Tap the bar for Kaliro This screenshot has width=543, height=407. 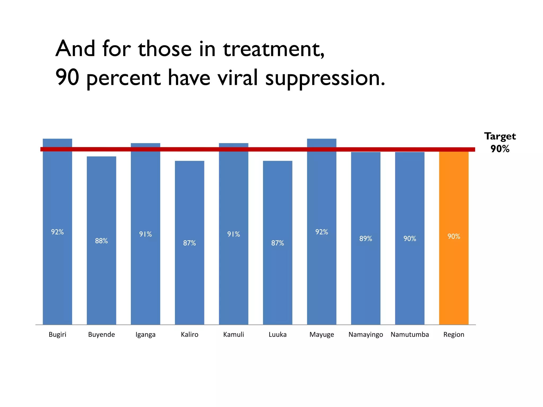(x=190, y=278)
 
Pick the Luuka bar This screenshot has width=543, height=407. (x=278, y=278)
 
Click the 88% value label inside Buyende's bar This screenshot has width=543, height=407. (x=101, y=241)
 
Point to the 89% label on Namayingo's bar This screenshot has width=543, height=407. (x=366, y=239)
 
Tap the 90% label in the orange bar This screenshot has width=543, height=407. (x=454, y=236)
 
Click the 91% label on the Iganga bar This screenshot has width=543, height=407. (x=146, y=234)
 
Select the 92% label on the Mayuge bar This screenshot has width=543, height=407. (x=322, y=232)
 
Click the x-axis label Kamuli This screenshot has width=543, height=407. (x=234, y=334)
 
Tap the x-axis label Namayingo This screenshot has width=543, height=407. (x=366, y=335)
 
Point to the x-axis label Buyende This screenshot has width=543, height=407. (x=101, y=335)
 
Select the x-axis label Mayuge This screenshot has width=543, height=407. (x=322, y=335)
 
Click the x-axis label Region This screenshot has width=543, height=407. (x=454, y=335)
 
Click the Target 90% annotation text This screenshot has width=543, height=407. (x=500, y=143)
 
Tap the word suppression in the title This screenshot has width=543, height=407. (x=325, y=78)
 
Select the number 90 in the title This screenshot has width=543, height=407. (x=67, y=77)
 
